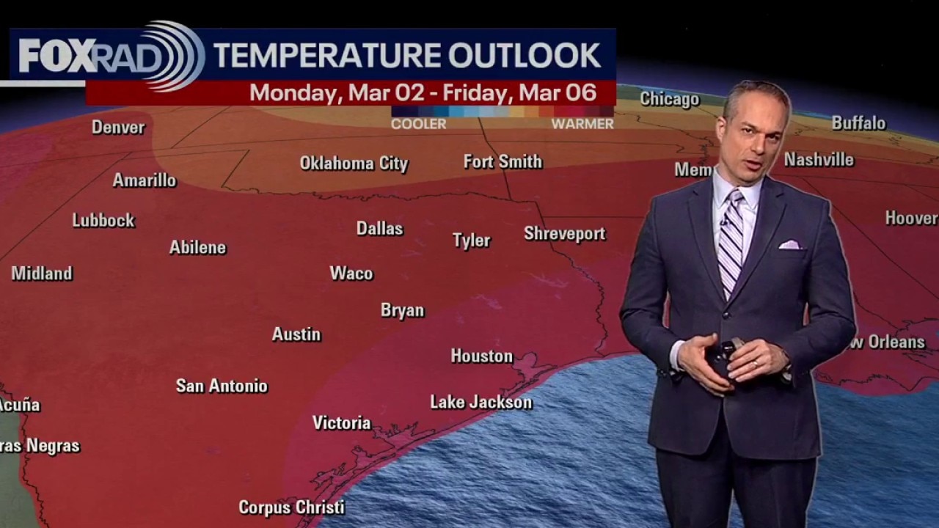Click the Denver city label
tap(118, 128)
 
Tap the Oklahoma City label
tap(354, 164)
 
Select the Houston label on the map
tap(481, 356)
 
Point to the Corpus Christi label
tap(291, 507)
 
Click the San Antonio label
tap(222, 386)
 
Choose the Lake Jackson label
tap(481, 403)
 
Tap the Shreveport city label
tap(564, 234)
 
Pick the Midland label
tap(42, 274)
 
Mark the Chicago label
tap(669, 99)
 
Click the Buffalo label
tap(858, 123)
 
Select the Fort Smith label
tap(503, 162)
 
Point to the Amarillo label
tap(145, 180)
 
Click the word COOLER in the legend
tap(418, 125)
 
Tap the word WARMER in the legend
tap(582, 125)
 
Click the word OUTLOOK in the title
tap(525, 56)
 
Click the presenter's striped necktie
tap(731, 242)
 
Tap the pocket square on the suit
tap(790, 244)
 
